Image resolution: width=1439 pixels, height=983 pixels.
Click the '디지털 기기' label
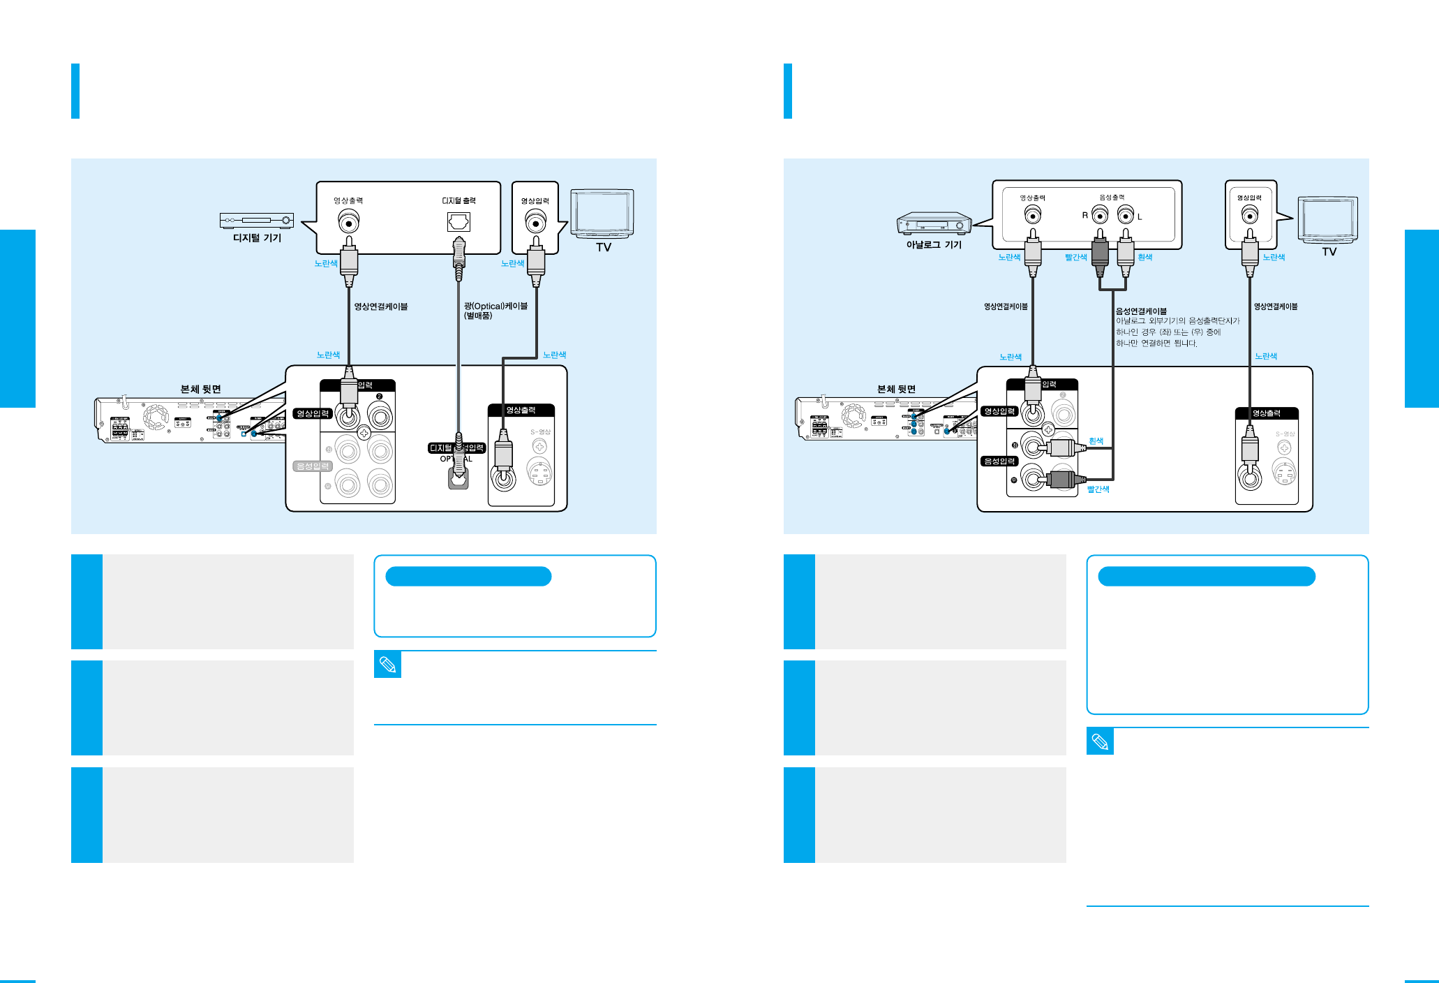pos(257,238)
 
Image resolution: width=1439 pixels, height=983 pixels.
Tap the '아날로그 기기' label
pos(933,245)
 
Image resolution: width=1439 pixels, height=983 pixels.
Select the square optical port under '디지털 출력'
pos(458,222)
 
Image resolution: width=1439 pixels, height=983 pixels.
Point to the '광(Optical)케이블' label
pos(495,306)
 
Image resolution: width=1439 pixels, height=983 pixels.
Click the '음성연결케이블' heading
pos(1141,311)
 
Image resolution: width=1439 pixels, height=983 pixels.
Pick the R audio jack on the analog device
pos(1100,216)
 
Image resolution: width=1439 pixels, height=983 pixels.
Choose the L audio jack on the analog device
pos(1125,216)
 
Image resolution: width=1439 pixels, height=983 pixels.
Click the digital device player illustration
pos(257,221)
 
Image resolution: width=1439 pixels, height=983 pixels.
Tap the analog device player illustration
pos(934,223)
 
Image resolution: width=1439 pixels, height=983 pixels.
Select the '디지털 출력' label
pos(458,201)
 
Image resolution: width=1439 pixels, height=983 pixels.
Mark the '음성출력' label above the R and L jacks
pos(1112,198)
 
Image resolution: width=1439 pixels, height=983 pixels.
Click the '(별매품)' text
pos(478,316)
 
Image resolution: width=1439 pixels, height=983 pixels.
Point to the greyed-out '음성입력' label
pos(313,466)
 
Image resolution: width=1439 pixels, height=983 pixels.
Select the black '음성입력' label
pos(1000,461)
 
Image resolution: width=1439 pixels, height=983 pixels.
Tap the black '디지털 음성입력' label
pos(456,448)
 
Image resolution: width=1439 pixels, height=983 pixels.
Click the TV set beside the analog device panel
pos(1327,220)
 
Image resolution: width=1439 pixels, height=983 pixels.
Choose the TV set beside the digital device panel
pos(602,213)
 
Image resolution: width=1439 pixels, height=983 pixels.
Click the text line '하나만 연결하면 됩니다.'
pos(1156,343)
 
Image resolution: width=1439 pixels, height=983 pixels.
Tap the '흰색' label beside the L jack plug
pos(1145,258)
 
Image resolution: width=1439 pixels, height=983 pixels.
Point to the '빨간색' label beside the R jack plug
pos(1075,258)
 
